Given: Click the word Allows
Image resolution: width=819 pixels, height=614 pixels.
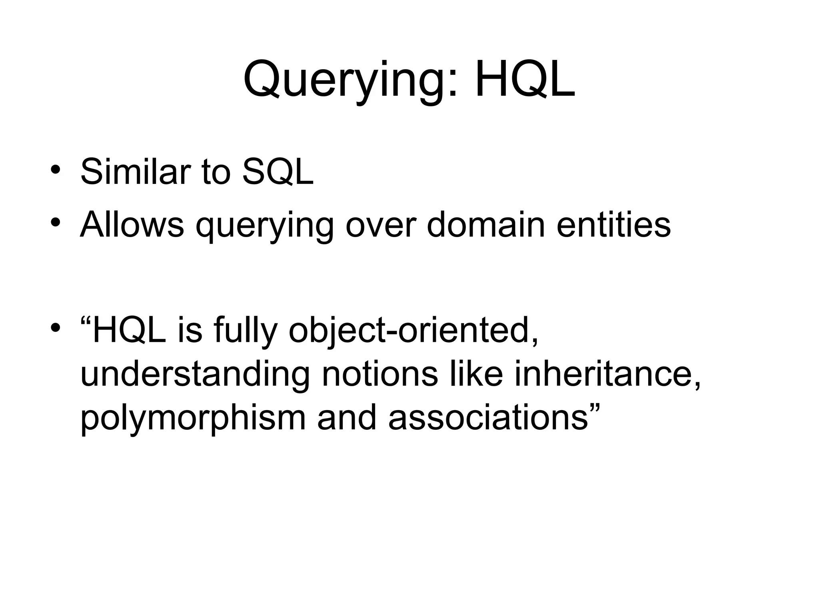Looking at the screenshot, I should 132,225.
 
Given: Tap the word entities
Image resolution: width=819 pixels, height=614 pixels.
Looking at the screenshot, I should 613,225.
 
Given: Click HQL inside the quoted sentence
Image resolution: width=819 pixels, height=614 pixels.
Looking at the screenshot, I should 129,331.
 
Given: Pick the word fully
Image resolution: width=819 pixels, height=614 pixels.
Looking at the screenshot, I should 245,332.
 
